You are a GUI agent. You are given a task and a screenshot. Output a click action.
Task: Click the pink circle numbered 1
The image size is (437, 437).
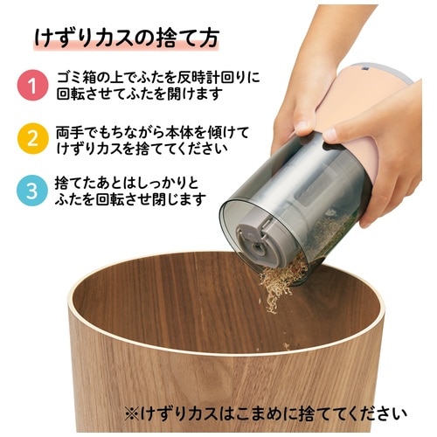tap(31, 85)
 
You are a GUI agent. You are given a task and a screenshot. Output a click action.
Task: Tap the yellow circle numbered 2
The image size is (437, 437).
tap(31, 137)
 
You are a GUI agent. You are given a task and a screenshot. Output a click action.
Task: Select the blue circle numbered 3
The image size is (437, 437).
tap(31, 190)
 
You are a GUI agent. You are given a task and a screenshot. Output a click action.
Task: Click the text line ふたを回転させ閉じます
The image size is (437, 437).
tap(130, 199)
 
